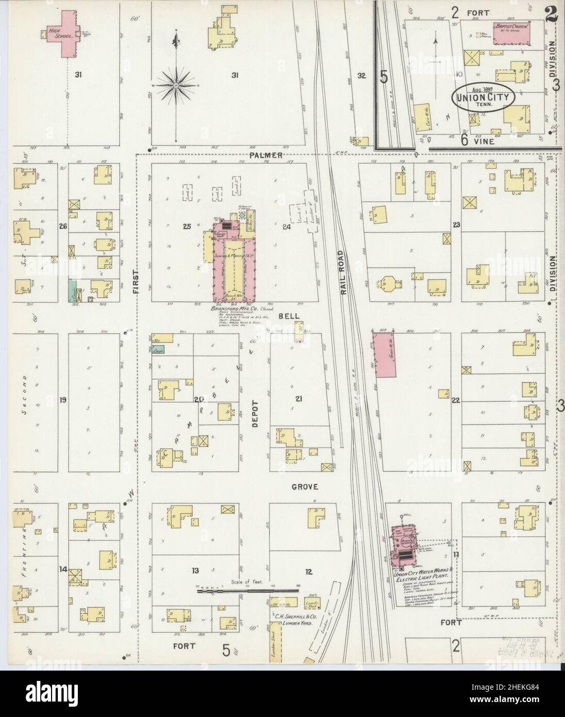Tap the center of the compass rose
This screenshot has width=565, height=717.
(x=177, y=84)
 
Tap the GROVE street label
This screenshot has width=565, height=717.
(x=305, y=486)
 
